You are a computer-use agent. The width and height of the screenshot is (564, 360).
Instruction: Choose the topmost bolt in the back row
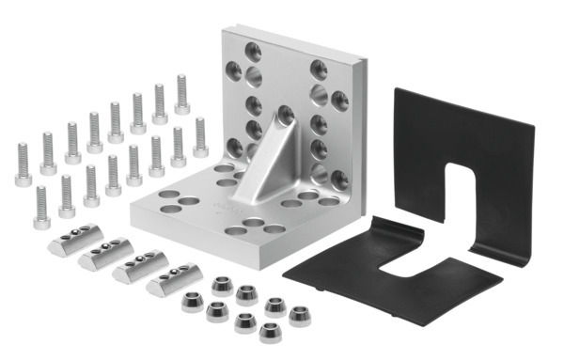pos(182,94)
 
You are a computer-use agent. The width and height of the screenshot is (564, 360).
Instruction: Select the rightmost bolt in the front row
pos(200,137)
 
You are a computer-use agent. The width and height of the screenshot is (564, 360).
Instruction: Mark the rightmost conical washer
pos(301,315)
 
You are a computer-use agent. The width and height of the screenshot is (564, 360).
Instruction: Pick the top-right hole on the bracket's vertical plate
pos(319,67)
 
